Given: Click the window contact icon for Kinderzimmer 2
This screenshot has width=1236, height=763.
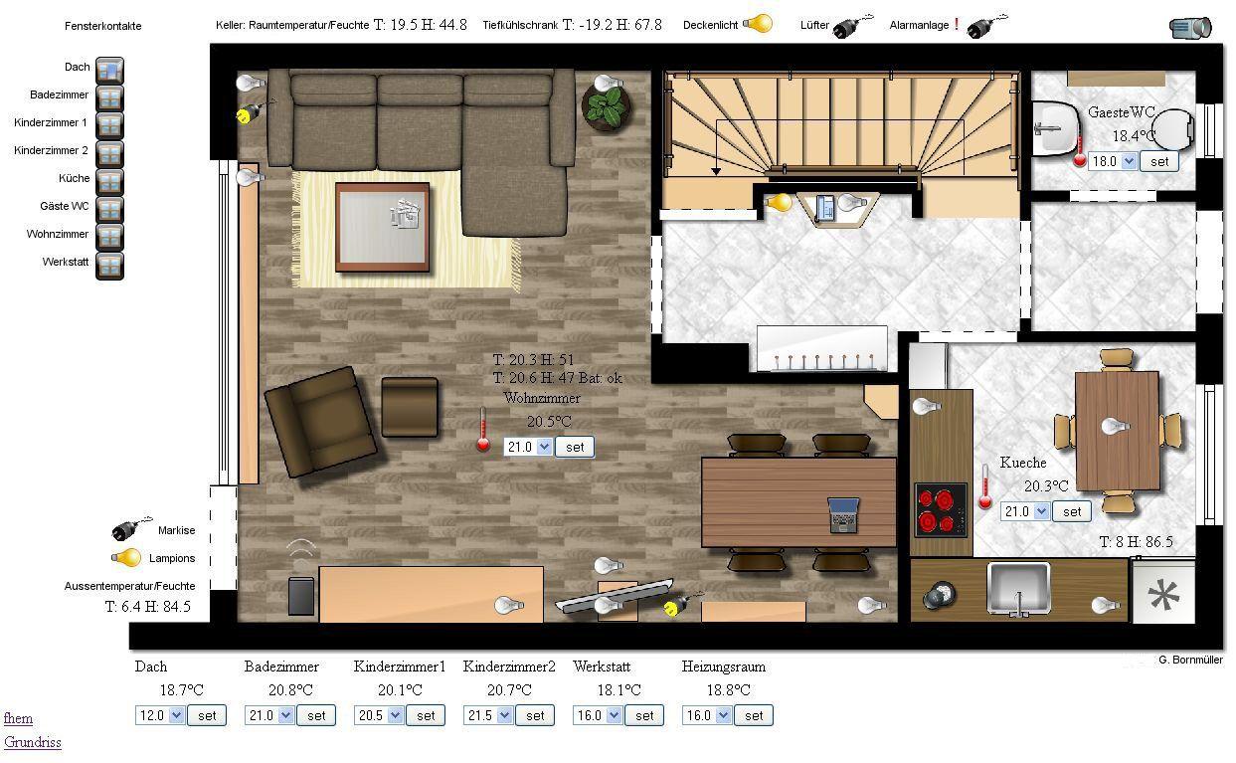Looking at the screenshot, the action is click(x=109, y=154).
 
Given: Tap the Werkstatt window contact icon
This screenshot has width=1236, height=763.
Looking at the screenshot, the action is click(x=109, y=266).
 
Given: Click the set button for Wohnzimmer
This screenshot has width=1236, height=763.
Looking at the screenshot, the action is click(x=575, y=448).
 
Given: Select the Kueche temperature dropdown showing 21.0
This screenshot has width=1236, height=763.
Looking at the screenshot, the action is click(x=1024, y=511).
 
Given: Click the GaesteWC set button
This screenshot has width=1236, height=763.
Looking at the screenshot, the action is click(x=1158, y=162).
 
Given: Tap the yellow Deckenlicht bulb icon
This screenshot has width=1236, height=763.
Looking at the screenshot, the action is click(x=757, y=24).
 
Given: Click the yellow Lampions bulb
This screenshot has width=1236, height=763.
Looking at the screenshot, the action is click(x=126, y=558).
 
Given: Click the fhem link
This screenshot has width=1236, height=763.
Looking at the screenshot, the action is click(x=18, y=718).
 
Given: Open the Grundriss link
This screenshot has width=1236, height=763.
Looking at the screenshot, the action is click(x=33, y=742).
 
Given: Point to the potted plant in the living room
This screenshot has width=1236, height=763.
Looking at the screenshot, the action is click(x=607, y=106).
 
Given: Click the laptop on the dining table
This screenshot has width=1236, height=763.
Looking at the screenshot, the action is click(x=843, y=515).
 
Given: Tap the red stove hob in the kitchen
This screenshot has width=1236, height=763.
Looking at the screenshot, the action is click(x=941, y=509).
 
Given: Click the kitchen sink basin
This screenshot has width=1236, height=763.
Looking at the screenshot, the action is click(x=1018, y=588).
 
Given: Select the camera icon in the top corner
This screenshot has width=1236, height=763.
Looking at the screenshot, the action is click(x=1190, y=28).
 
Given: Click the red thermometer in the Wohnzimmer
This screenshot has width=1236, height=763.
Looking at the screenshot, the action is click(x=483, y=431).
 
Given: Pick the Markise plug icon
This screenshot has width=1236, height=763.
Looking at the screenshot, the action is click(x=130, y=529).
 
